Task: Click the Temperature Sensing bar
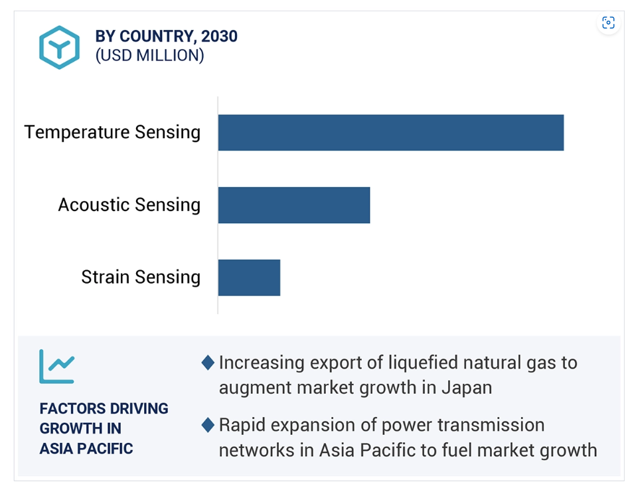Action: (391, 133)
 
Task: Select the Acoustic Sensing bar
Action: (294, 205)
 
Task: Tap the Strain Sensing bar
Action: (249, 278)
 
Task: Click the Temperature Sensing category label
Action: (112, 132)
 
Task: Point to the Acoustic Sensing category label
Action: (129, 204)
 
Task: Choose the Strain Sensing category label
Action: (141, 277)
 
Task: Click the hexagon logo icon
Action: (60, 47)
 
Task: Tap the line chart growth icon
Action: (56, 366)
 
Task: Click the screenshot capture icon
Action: (608, 23)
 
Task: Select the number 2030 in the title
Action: (219, 36)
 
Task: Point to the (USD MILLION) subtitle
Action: (150, 56)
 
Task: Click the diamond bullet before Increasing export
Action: (208, 363)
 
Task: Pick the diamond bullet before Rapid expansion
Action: (208, 426)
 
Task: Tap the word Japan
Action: (467, 388)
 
